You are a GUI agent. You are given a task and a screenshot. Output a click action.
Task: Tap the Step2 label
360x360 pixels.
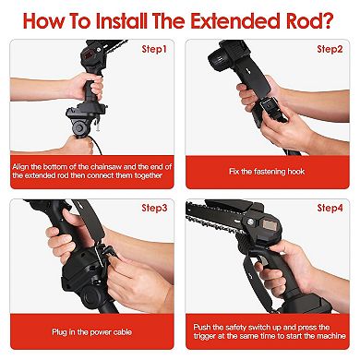(330, 49)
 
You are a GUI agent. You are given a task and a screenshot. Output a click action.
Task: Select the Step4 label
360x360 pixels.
(330, 210)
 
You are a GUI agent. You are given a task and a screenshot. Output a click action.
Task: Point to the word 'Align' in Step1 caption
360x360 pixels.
(23, 164)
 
